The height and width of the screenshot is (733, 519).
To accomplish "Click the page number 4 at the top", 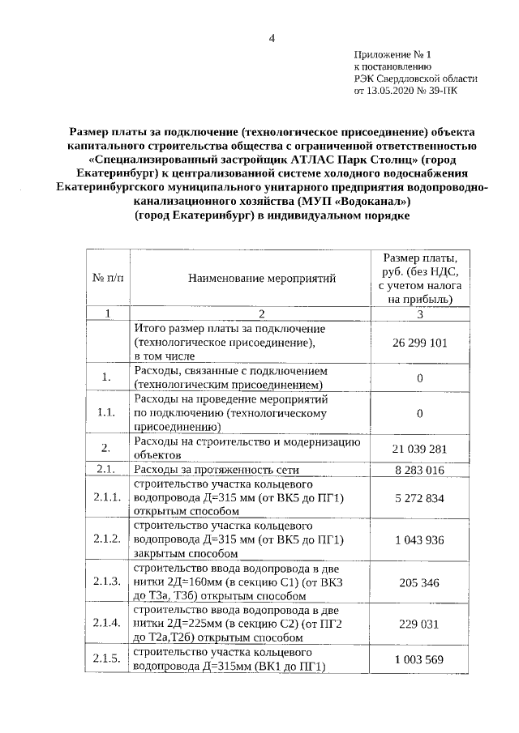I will pos(272,38).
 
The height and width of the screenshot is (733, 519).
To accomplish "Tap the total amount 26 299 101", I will pos(420,343).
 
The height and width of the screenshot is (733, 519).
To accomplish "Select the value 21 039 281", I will pos(420,449).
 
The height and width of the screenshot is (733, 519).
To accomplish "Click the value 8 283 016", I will pos(420,469).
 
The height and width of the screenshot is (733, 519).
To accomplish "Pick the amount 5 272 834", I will pos(420,497).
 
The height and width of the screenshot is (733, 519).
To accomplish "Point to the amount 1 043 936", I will pos(420,539).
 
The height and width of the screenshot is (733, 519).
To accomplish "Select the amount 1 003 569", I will pos(420,659).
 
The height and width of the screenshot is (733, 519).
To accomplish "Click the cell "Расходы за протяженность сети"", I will pos(217,470).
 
